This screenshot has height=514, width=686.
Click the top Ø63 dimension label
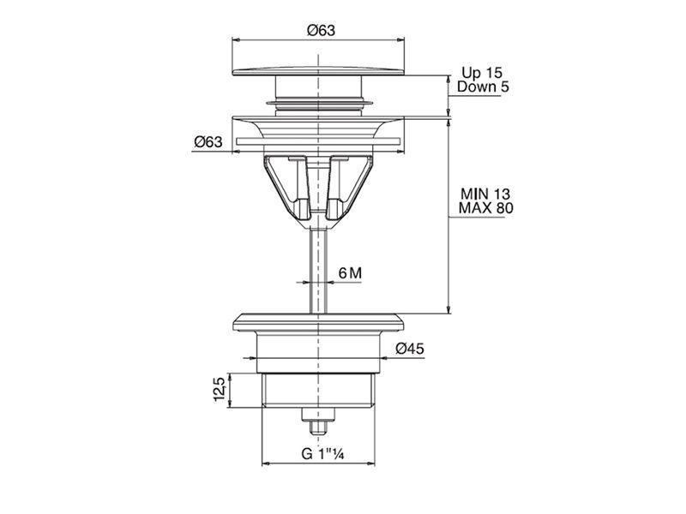point(321,30)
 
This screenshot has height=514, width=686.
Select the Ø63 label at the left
point(208,141)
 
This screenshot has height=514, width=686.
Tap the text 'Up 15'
point(482,73)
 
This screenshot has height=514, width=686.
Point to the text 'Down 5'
point(483,87)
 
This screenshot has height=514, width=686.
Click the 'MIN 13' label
point(485,194)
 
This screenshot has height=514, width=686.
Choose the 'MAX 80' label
point(485,207)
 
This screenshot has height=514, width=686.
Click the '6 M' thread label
point(351,273)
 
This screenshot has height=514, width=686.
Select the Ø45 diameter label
point(410,349)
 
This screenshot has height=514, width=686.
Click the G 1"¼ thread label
point(323,454)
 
